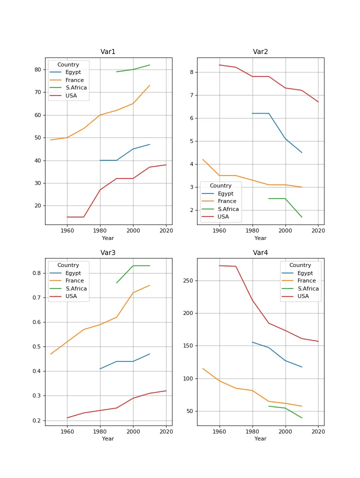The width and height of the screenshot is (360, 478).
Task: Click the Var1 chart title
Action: coord(108,51)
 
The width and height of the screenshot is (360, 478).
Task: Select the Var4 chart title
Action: coord(260,252)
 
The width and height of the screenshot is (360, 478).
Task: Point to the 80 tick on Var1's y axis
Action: coord(37,69)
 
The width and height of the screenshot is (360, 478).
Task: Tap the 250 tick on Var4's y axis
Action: coord(187,280)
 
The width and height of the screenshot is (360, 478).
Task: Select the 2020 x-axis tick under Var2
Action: coord(318,231)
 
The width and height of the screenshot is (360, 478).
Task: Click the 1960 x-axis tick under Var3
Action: coord(67,431)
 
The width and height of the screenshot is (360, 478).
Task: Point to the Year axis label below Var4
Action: coord(260,439)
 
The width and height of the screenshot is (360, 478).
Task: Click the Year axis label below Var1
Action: coord(108,238)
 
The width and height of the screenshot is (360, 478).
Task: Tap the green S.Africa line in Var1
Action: coord(133,69)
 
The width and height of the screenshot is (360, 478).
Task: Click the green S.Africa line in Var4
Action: coord(285,408)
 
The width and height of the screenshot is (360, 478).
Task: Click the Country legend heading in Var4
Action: coord(300,265)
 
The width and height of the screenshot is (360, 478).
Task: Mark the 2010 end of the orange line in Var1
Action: coord(149,85)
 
